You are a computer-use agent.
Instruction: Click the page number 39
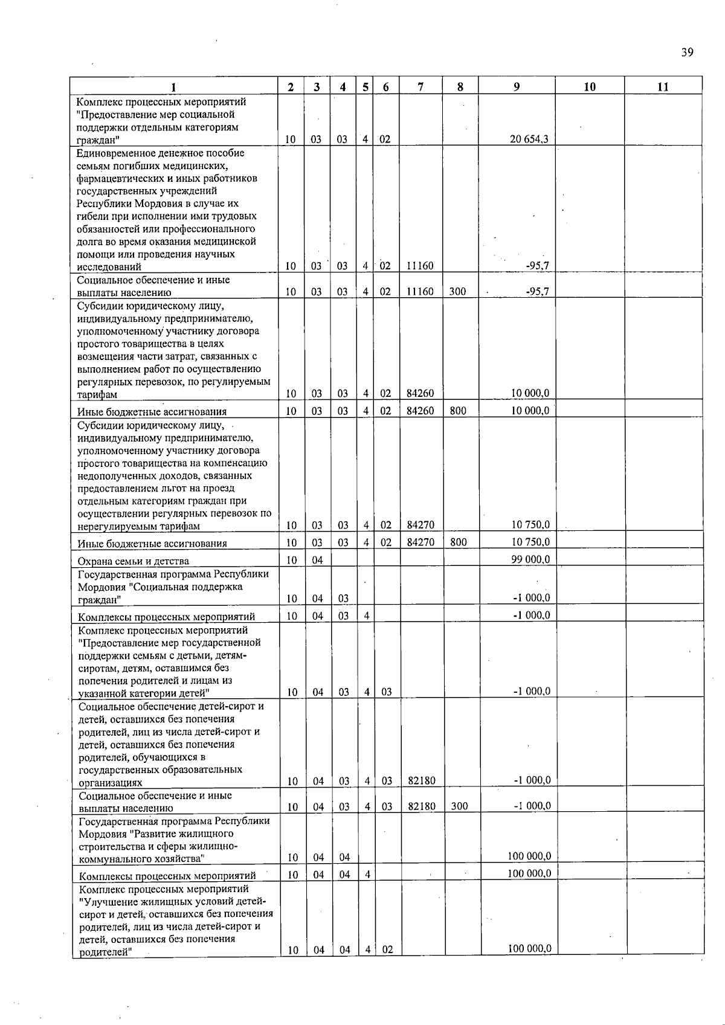coord(687,52)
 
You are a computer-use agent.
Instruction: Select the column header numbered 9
coord(517,86)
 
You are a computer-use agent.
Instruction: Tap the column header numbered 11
coord(663,86)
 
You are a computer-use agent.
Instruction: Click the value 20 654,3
coord(529,139)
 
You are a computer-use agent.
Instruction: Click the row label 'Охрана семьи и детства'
coord(134,561)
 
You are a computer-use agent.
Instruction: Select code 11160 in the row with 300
coord(420,292)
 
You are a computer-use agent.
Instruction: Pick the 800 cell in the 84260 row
coord(458,411)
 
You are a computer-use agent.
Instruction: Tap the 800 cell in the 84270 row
coord(459,542)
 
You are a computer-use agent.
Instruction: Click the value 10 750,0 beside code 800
coord(530,542)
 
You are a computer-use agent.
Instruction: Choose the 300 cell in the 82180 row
coord(459,806)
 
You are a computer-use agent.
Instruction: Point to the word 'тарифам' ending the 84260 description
coord(97,395)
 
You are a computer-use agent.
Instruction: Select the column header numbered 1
coord(173,87)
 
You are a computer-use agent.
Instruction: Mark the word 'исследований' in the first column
coord(109,266)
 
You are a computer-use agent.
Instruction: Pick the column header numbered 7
coord(420,86)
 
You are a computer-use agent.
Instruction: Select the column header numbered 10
coord(590,86)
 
